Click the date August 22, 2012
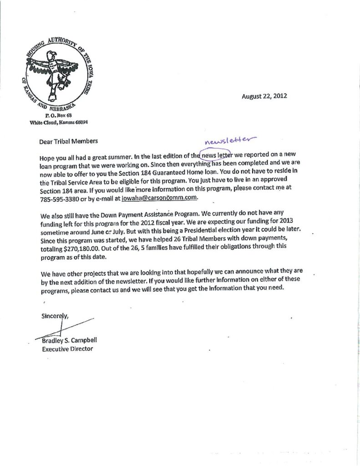(x=264, y=96)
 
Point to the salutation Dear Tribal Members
(x=69, y=142)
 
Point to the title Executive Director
(x=67, y=349)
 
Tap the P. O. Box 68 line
(x=53, y=116)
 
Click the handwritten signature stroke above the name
(x=68, y=328)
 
